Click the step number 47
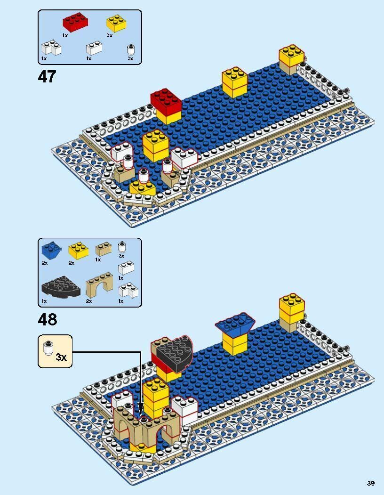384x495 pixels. (47, 77)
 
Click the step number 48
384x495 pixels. (48, 320)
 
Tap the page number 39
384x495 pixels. (370, 483)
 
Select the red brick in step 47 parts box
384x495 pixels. (75, 22)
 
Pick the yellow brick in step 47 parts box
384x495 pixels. (116, 24)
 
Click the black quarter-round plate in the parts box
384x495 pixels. (61, 287)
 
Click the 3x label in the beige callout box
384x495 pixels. (61, 357)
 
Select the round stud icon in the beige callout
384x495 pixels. (48, 348)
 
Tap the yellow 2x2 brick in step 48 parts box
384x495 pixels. (78, 251)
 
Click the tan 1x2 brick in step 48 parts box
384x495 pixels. (103, 249)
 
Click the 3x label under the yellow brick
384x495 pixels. (110, 36)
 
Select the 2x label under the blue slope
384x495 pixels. (45, 263)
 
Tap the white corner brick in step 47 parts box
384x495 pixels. (51, 49)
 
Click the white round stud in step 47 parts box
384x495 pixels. (131, 49)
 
